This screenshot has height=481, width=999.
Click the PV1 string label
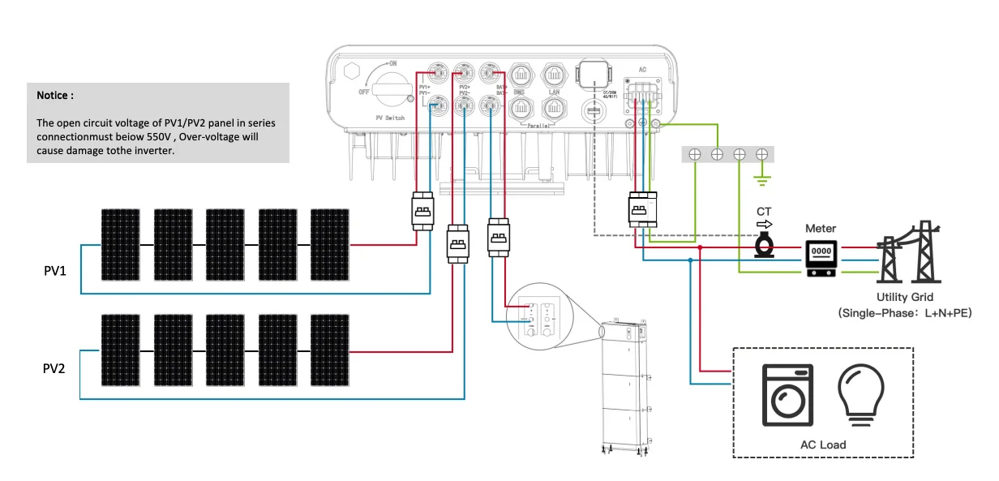pos(55,269)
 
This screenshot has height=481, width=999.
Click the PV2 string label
pos(55,368)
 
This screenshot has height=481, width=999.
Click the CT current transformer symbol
pos(763,245)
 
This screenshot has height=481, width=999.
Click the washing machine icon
pos(787,395)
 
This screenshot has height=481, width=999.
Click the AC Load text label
pos(822,444)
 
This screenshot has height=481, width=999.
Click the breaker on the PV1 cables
pos(422,211)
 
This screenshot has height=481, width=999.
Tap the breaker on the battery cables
pos(498,236)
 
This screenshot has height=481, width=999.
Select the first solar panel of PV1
pos(121,244)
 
